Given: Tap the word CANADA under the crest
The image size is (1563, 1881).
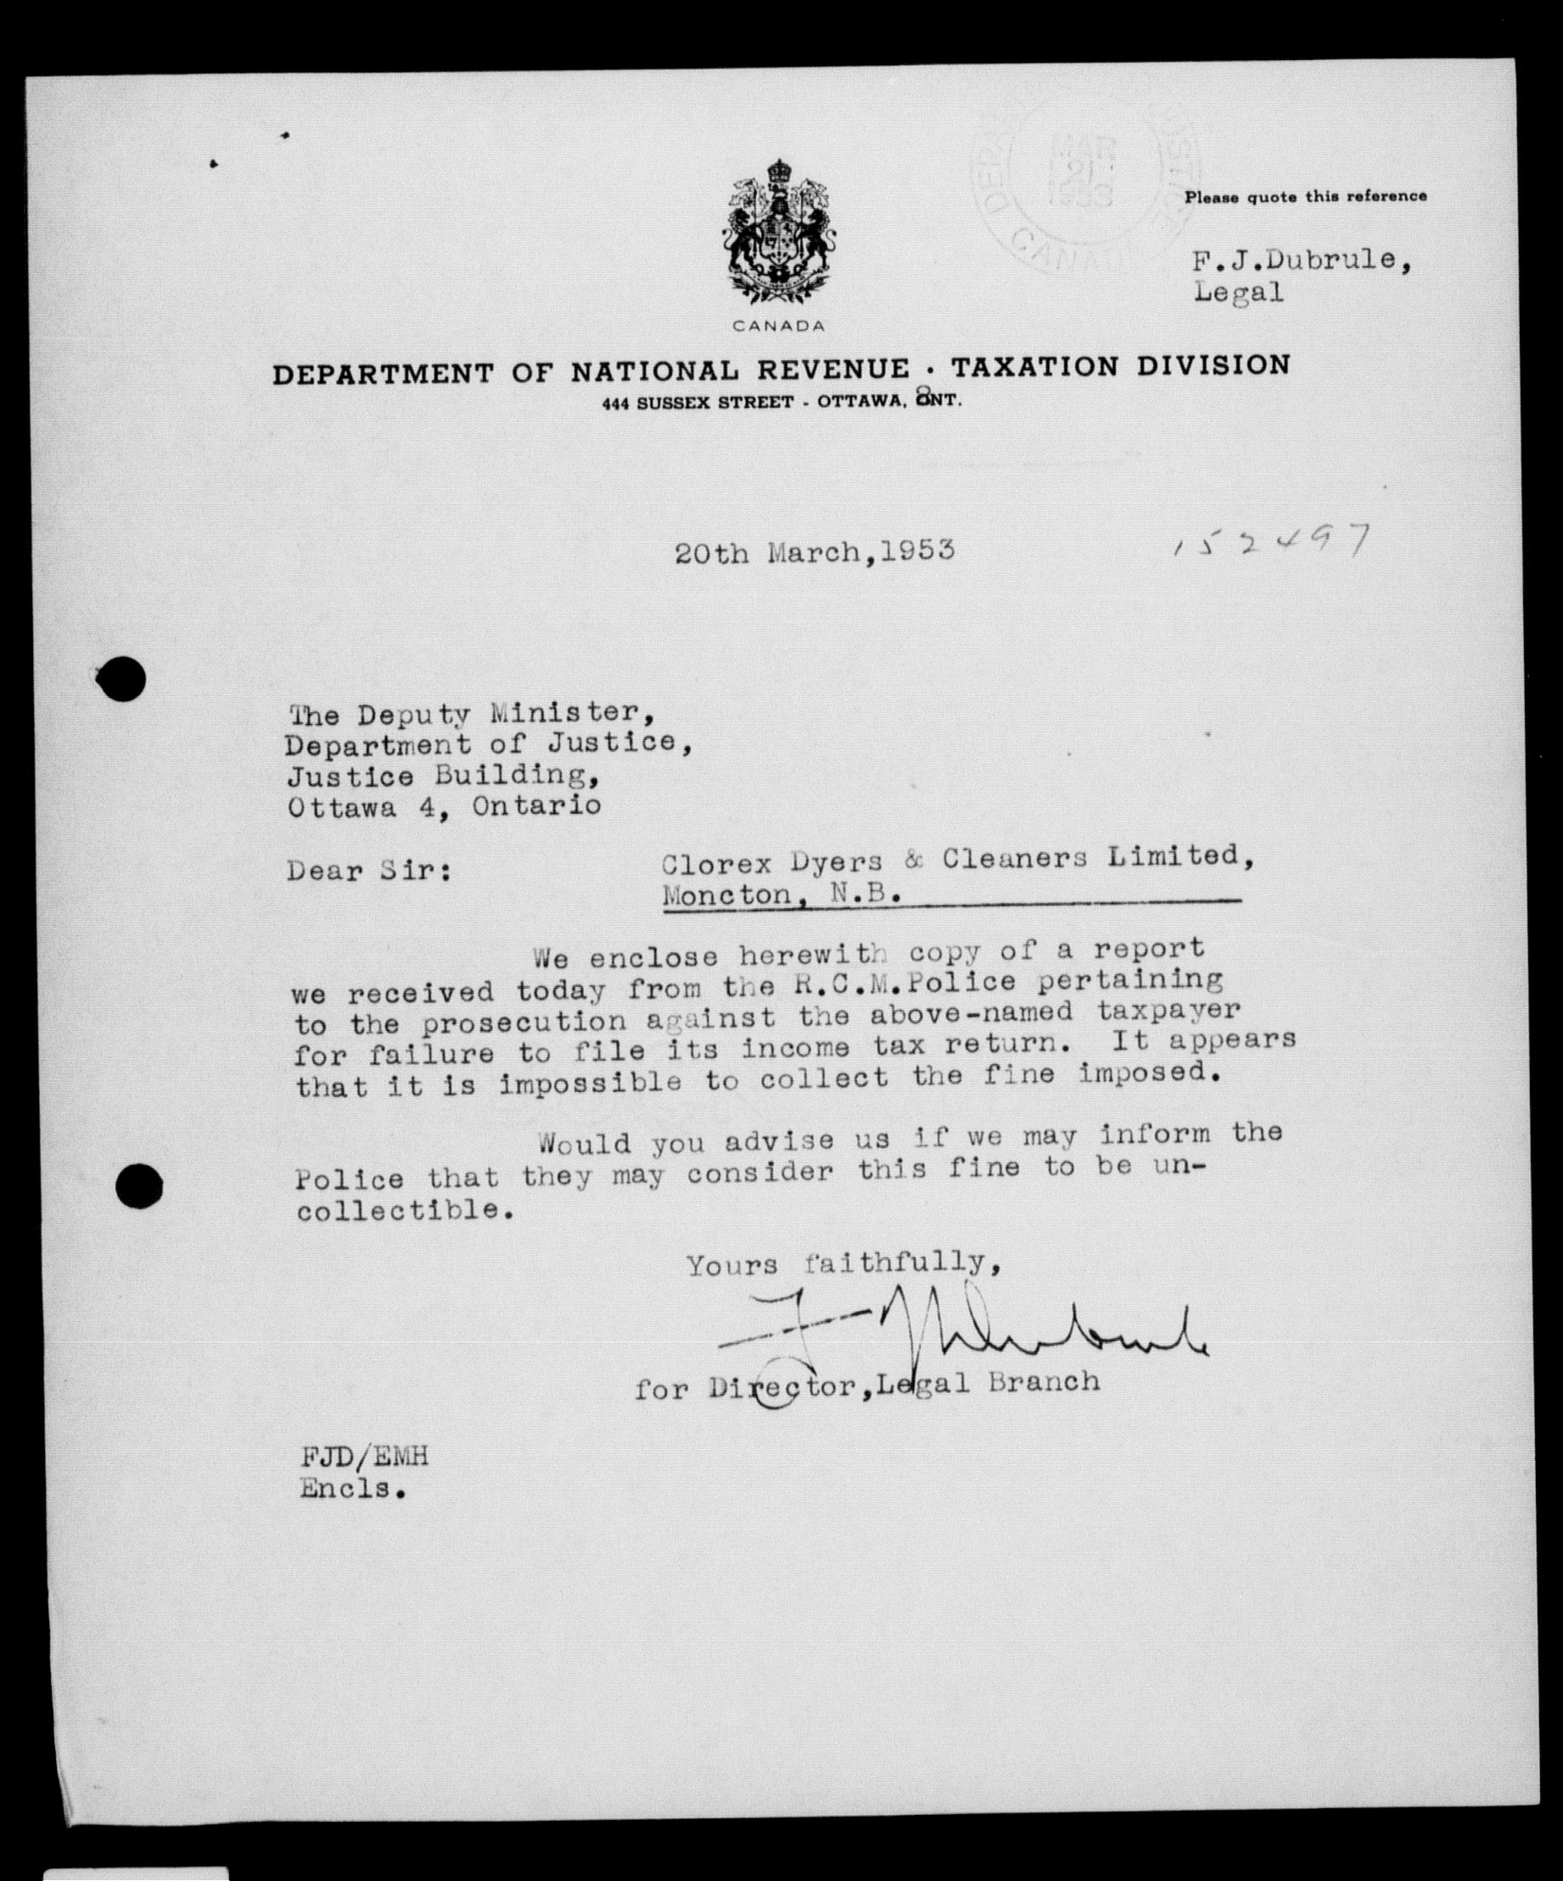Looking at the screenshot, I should (778, 326).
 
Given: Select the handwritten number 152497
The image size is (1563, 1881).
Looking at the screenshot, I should (1271, 542).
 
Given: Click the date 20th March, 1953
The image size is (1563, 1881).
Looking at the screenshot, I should (814, 551).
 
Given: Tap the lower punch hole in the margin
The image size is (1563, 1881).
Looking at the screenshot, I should (140, 1187).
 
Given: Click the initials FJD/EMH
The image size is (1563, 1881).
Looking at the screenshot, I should (365, 1456).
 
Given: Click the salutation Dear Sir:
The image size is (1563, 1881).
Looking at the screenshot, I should (369, 870).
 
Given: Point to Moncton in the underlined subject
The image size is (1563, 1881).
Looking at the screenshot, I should (727, 895).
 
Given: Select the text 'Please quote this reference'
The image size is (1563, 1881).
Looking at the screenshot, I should (1305, 196).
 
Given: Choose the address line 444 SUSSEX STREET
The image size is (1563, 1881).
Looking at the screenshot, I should (698, 403).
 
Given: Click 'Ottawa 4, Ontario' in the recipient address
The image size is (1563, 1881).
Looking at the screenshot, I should (443, 806).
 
